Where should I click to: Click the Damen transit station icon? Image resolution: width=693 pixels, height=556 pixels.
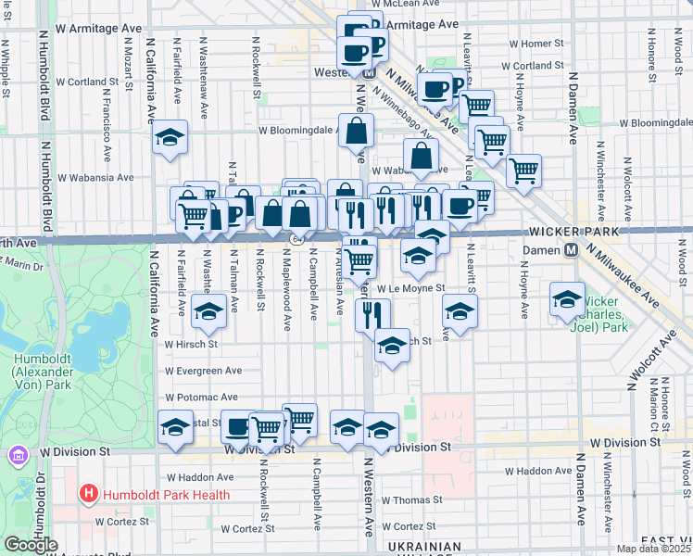pos(572,249)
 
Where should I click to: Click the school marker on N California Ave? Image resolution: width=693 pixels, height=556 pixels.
pos(170,138)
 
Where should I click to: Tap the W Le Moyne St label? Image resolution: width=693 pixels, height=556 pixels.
pos(410,288)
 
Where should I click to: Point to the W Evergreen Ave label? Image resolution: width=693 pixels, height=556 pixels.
pos(204,371)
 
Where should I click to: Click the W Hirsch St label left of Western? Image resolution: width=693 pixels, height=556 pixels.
pos(191,343)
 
